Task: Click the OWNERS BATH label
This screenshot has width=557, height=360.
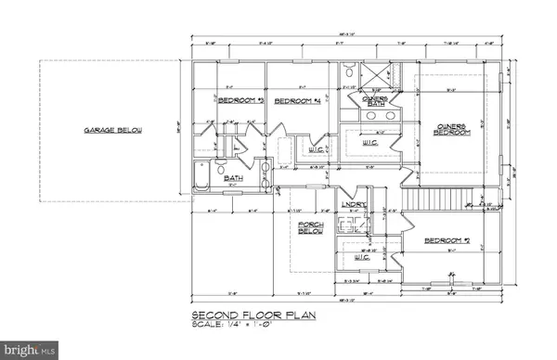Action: point(374,102)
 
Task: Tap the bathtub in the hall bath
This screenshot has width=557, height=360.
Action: point(204,177)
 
